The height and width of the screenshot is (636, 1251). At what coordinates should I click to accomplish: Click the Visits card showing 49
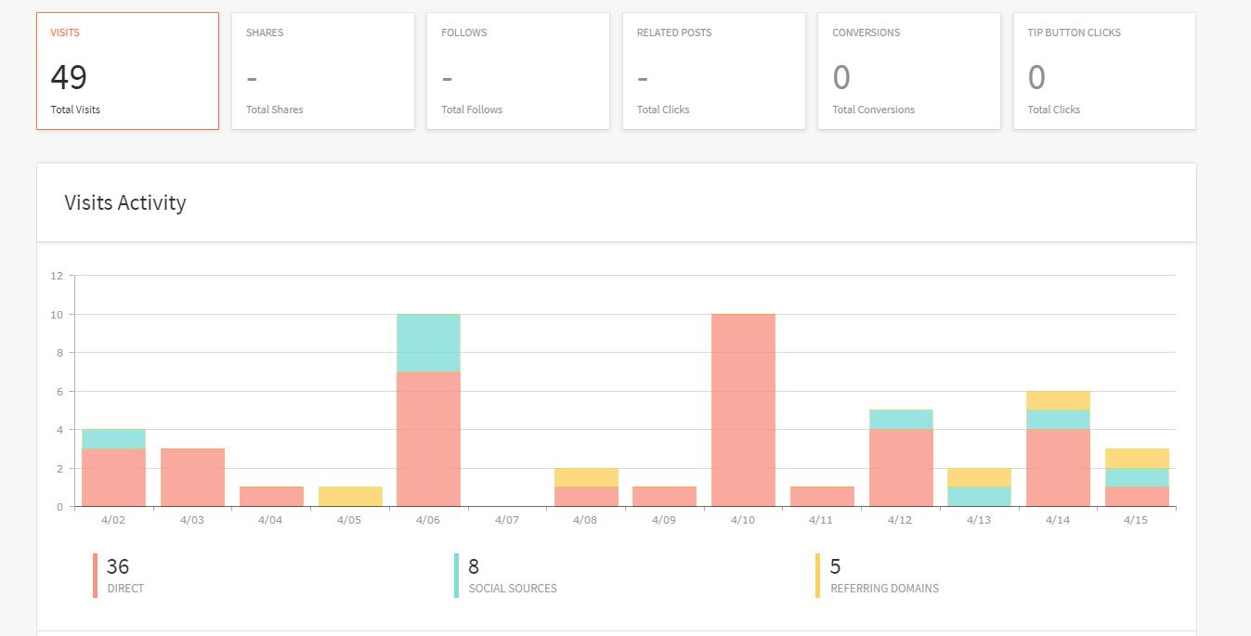click(x=127, y=71)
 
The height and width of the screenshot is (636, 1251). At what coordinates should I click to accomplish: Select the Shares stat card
click(x=322, y=71)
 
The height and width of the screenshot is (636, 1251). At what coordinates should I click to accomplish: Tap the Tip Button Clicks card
click(x=1103, y=71)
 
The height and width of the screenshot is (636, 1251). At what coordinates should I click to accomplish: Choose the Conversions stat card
click(x=908, y=71)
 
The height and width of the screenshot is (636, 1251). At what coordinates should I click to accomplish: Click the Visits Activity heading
click(x=125, y=202)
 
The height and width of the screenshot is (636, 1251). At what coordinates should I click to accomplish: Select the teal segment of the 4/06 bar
click(x=428, y=344)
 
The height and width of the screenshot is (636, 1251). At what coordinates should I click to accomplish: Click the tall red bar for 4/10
click(x=743, y=410)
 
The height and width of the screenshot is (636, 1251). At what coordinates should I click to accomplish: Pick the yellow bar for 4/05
click(x=350, y=497)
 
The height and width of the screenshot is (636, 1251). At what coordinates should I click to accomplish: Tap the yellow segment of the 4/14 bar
click(x=1058, y=400)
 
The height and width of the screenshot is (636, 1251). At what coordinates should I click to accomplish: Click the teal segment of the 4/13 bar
click(x=979, y=497)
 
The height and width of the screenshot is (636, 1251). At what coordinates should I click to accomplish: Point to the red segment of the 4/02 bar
click(x=113, y=477)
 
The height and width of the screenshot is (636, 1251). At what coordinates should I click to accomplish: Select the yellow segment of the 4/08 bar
click(x=586, y=477)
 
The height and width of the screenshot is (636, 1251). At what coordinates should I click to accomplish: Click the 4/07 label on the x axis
click(x=507, y=520)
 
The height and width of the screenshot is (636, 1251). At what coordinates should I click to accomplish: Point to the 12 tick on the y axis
click(x=57, y=276)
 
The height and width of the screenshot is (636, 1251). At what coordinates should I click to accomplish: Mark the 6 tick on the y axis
click(x=57, y=392)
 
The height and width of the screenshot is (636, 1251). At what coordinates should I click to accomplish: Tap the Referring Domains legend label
click(x=884, y=589)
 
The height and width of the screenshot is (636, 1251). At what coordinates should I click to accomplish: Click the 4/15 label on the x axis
click(x=1136, y=520)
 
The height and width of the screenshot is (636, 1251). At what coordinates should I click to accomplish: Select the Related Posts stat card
click(x=713, y=71)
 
